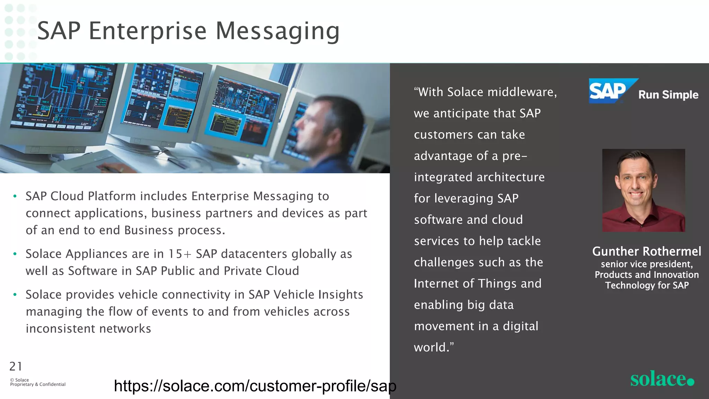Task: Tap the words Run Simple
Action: tap(668, 95)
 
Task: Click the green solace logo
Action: tap(662, 379)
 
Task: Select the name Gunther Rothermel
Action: tap(646, 251)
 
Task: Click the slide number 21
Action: tap(16, 366)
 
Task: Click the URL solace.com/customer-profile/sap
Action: tap(255, 386)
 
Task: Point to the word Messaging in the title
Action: tap(278, 31)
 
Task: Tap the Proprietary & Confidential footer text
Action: tap(38, 384)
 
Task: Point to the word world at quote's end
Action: tap(430, 347)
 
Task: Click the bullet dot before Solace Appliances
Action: tap(15, 254)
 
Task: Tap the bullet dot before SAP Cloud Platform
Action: tap(15, 196)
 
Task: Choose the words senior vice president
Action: tap(646, 264)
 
